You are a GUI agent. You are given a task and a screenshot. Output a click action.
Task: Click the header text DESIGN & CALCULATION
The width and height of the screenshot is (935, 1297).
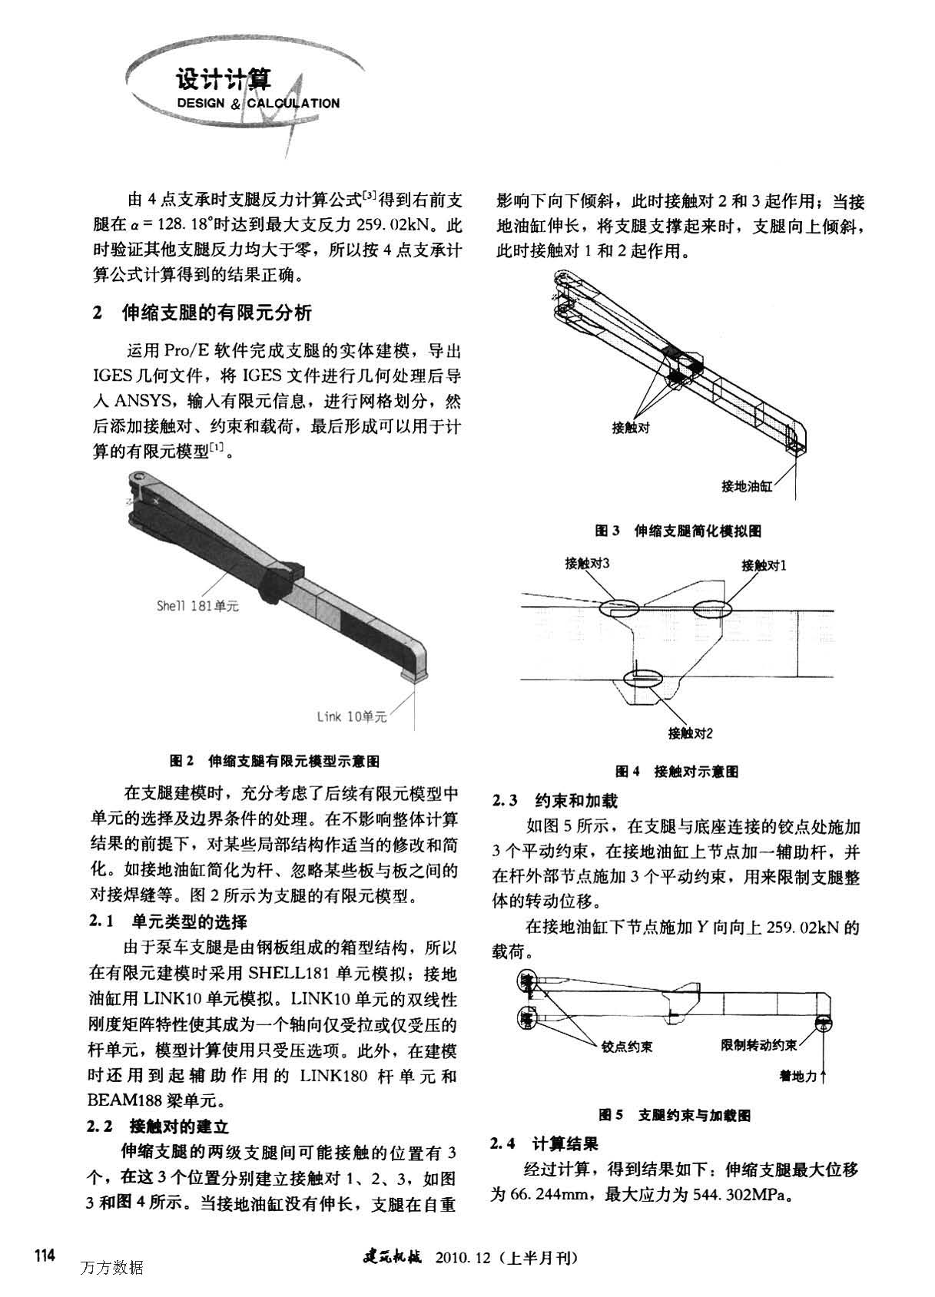tap(258, 103)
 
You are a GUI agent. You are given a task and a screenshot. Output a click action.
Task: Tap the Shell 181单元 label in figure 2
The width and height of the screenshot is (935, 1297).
tap(197, 606)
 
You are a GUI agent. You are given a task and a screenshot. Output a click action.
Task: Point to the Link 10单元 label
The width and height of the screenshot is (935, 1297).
tap(352, 716)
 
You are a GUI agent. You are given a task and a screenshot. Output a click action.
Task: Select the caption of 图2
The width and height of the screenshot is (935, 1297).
tap(274, 761)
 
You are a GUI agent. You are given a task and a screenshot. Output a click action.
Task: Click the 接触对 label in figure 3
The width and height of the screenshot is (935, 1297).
tap(631, 428)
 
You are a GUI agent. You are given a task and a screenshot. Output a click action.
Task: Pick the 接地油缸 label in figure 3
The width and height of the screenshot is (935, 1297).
tap(746, 485)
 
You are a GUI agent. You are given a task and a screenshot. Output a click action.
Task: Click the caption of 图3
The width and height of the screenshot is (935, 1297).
tap(678, 531)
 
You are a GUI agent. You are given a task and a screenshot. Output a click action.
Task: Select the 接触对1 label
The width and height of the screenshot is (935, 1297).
tap(764, 566)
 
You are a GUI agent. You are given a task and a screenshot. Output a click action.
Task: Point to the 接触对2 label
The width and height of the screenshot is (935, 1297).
tap(691, 733)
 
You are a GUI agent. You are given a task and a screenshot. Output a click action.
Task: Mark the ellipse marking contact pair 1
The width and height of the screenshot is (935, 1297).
tap(715, 609)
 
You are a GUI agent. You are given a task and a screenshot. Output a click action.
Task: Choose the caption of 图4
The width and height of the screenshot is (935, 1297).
tap(676, 771)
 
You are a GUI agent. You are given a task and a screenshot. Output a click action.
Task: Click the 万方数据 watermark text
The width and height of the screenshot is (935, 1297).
tap(111, 1267)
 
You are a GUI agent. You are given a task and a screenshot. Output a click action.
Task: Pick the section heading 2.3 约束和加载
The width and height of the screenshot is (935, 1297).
tap(555, 800)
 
